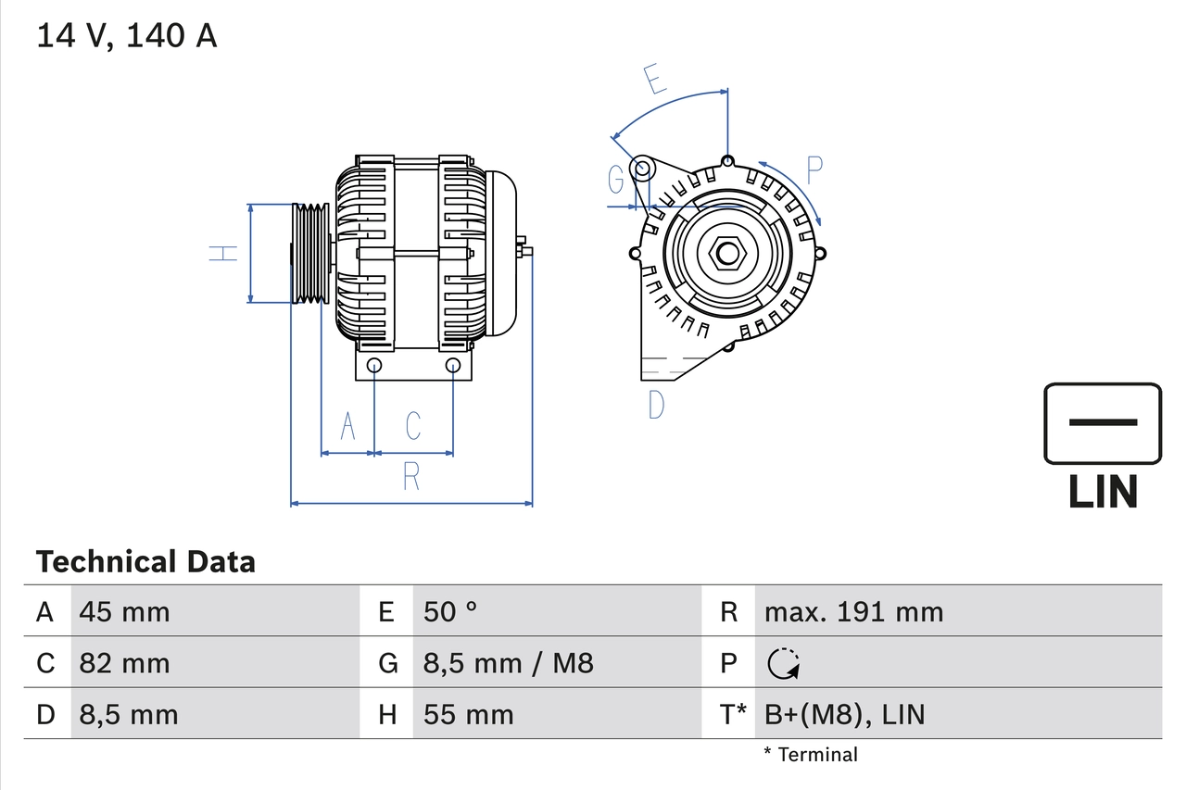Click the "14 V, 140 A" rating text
pos(126,36)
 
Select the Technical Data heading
pos(145,561)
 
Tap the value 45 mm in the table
pos(124,611)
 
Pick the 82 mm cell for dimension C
pos(124,663)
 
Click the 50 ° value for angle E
pos(450,611)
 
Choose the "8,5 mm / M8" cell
pos(508,663)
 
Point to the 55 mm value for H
pos(468,715)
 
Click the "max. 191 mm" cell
pos(853,611)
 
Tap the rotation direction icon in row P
pos(784,663)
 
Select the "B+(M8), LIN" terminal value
pos(844,715)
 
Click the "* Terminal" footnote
pos(811,755)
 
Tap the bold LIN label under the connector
pos(1103,492)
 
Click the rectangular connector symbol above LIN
pos(1103,423)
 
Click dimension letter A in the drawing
pos(348,426)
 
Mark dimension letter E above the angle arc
pos(655,79)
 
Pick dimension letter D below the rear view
pos(656,405)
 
